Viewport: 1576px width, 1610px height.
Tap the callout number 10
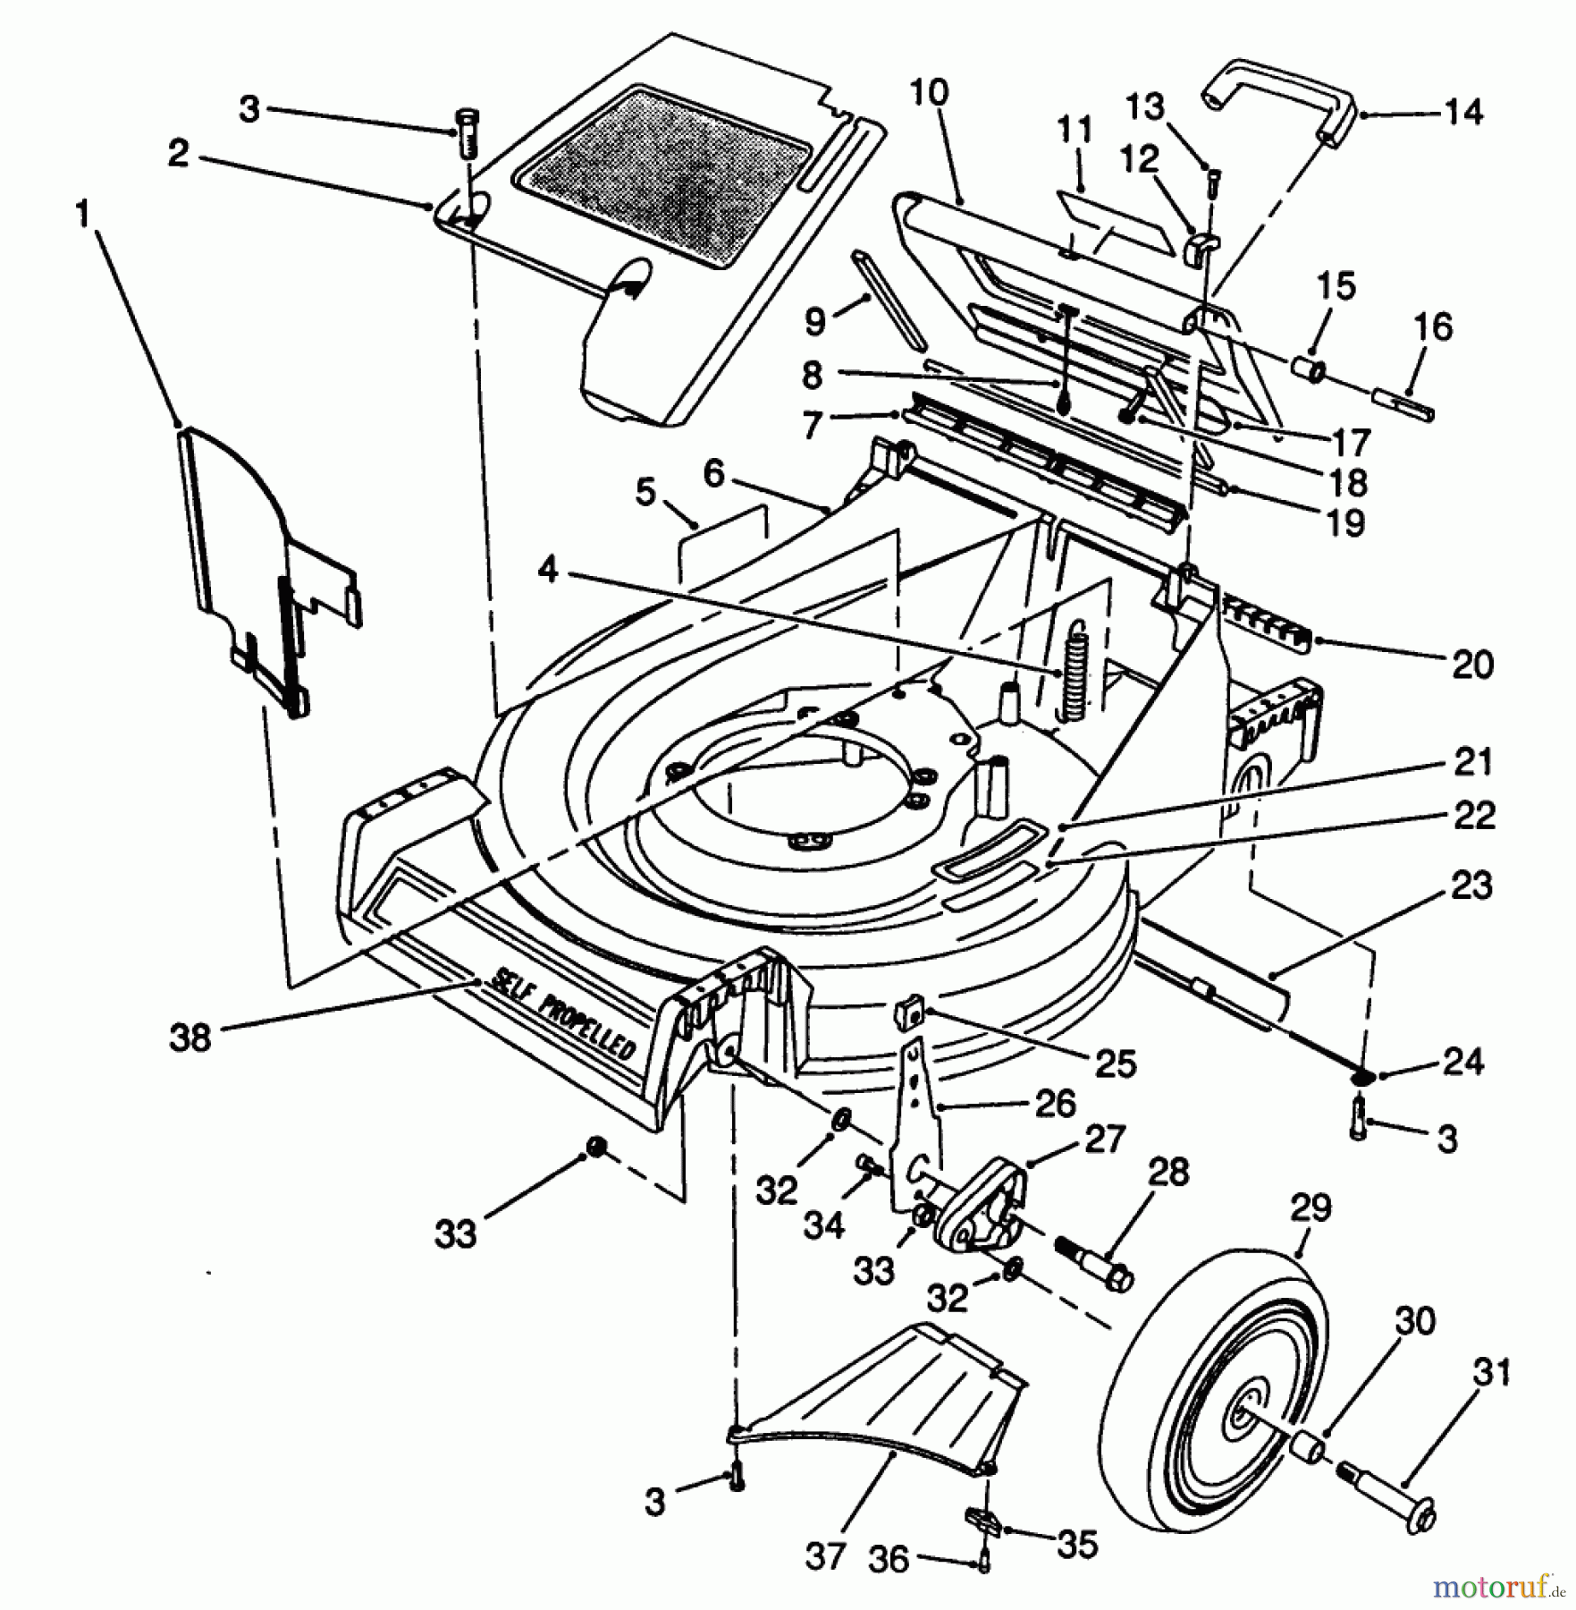tap(930, 94)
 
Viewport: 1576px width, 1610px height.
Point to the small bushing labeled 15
tap(1308, 369)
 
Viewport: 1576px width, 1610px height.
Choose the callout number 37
tap(822, 1557)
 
